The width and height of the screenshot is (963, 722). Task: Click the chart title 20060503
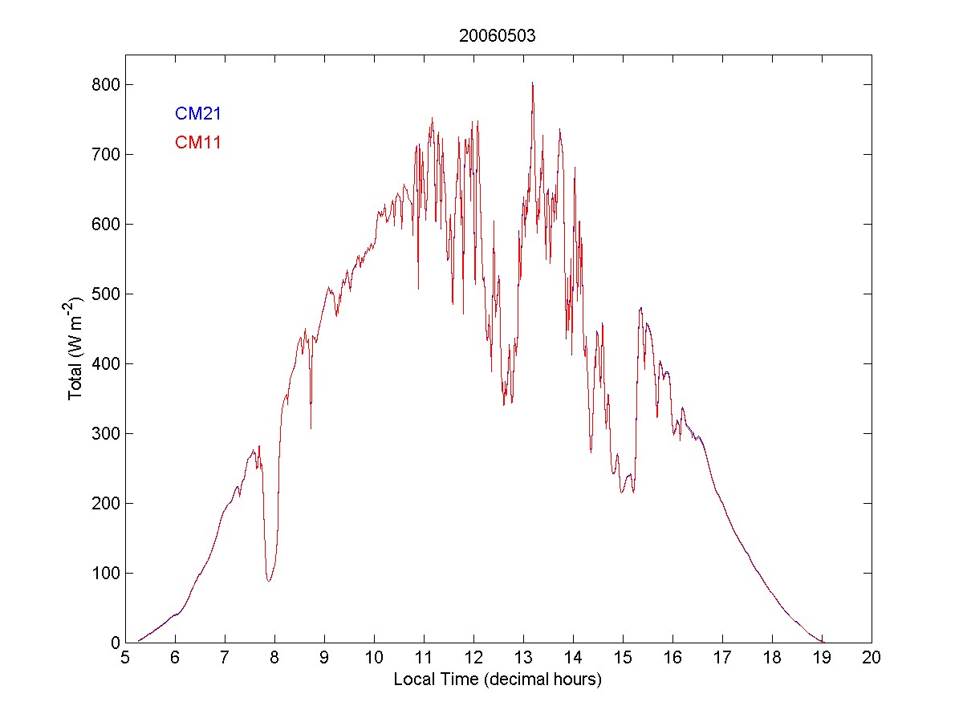click(x=498, y=35)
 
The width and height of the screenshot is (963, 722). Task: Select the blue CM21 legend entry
click(x=198, y=114)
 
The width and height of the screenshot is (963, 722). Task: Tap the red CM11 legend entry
click(x=198, y=143)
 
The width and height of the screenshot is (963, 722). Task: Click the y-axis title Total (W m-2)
click(x=77, y=349)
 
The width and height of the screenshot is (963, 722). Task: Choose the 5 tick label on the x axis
click(x=125, y=658)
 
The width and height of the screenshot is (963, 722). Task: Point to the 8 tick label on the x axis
click(x=274, y=658)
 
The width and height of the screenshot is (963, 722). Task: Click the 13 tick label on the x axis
click(x=523, y=658)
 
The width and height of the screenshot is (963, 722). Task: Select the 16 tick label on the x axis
click(x=672, y=658)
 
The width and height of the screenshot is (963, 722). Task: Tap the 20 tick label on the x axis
click(x=872, y=658)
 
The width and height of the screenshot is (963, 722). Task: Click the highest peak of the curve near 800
click(x=532, y=83)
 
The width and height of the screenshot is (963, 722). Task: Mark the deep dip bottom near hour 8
click(x=269, y=580)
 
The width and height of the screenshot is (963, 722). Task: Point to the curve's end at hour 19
click(x=822, y=642)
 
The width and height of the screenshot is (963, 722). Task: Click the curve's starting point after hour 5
click(x=139, y=640)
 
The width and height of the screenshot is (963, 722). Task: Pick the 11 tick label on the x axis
click(x=424, y=658)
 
